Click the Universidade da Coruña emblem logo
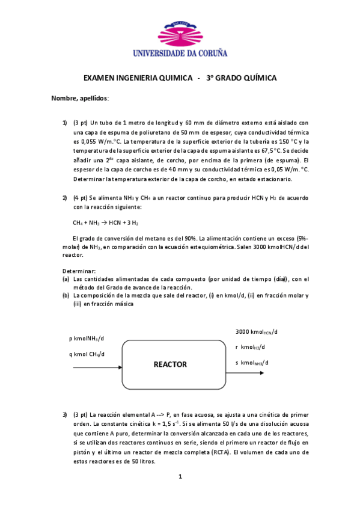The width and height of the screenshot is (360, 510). coord(180,32)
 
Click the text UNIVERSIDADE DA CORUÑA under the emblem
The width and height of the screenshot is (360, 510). coord(180,53)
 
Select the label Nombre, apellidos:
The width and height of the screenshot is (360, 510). coord(80,97)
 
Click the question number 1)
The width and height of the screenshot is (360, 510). coord(65,122)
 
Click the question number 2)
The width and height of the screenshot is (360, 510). coord(65,198)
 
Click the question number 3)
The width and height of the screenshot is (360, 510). coord(65,414)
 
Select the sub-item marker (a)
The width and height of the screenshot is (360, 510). coord(66,279)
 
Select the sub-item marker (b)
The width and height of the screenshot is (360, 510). coord(66,295)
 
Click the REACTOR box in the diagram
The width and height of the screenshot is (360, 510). coord(170,364)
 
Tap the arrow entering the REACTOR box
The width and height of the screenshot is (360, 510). coord(97,366)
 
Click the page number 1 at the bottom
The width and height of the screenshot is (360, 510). coord(180,477)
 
